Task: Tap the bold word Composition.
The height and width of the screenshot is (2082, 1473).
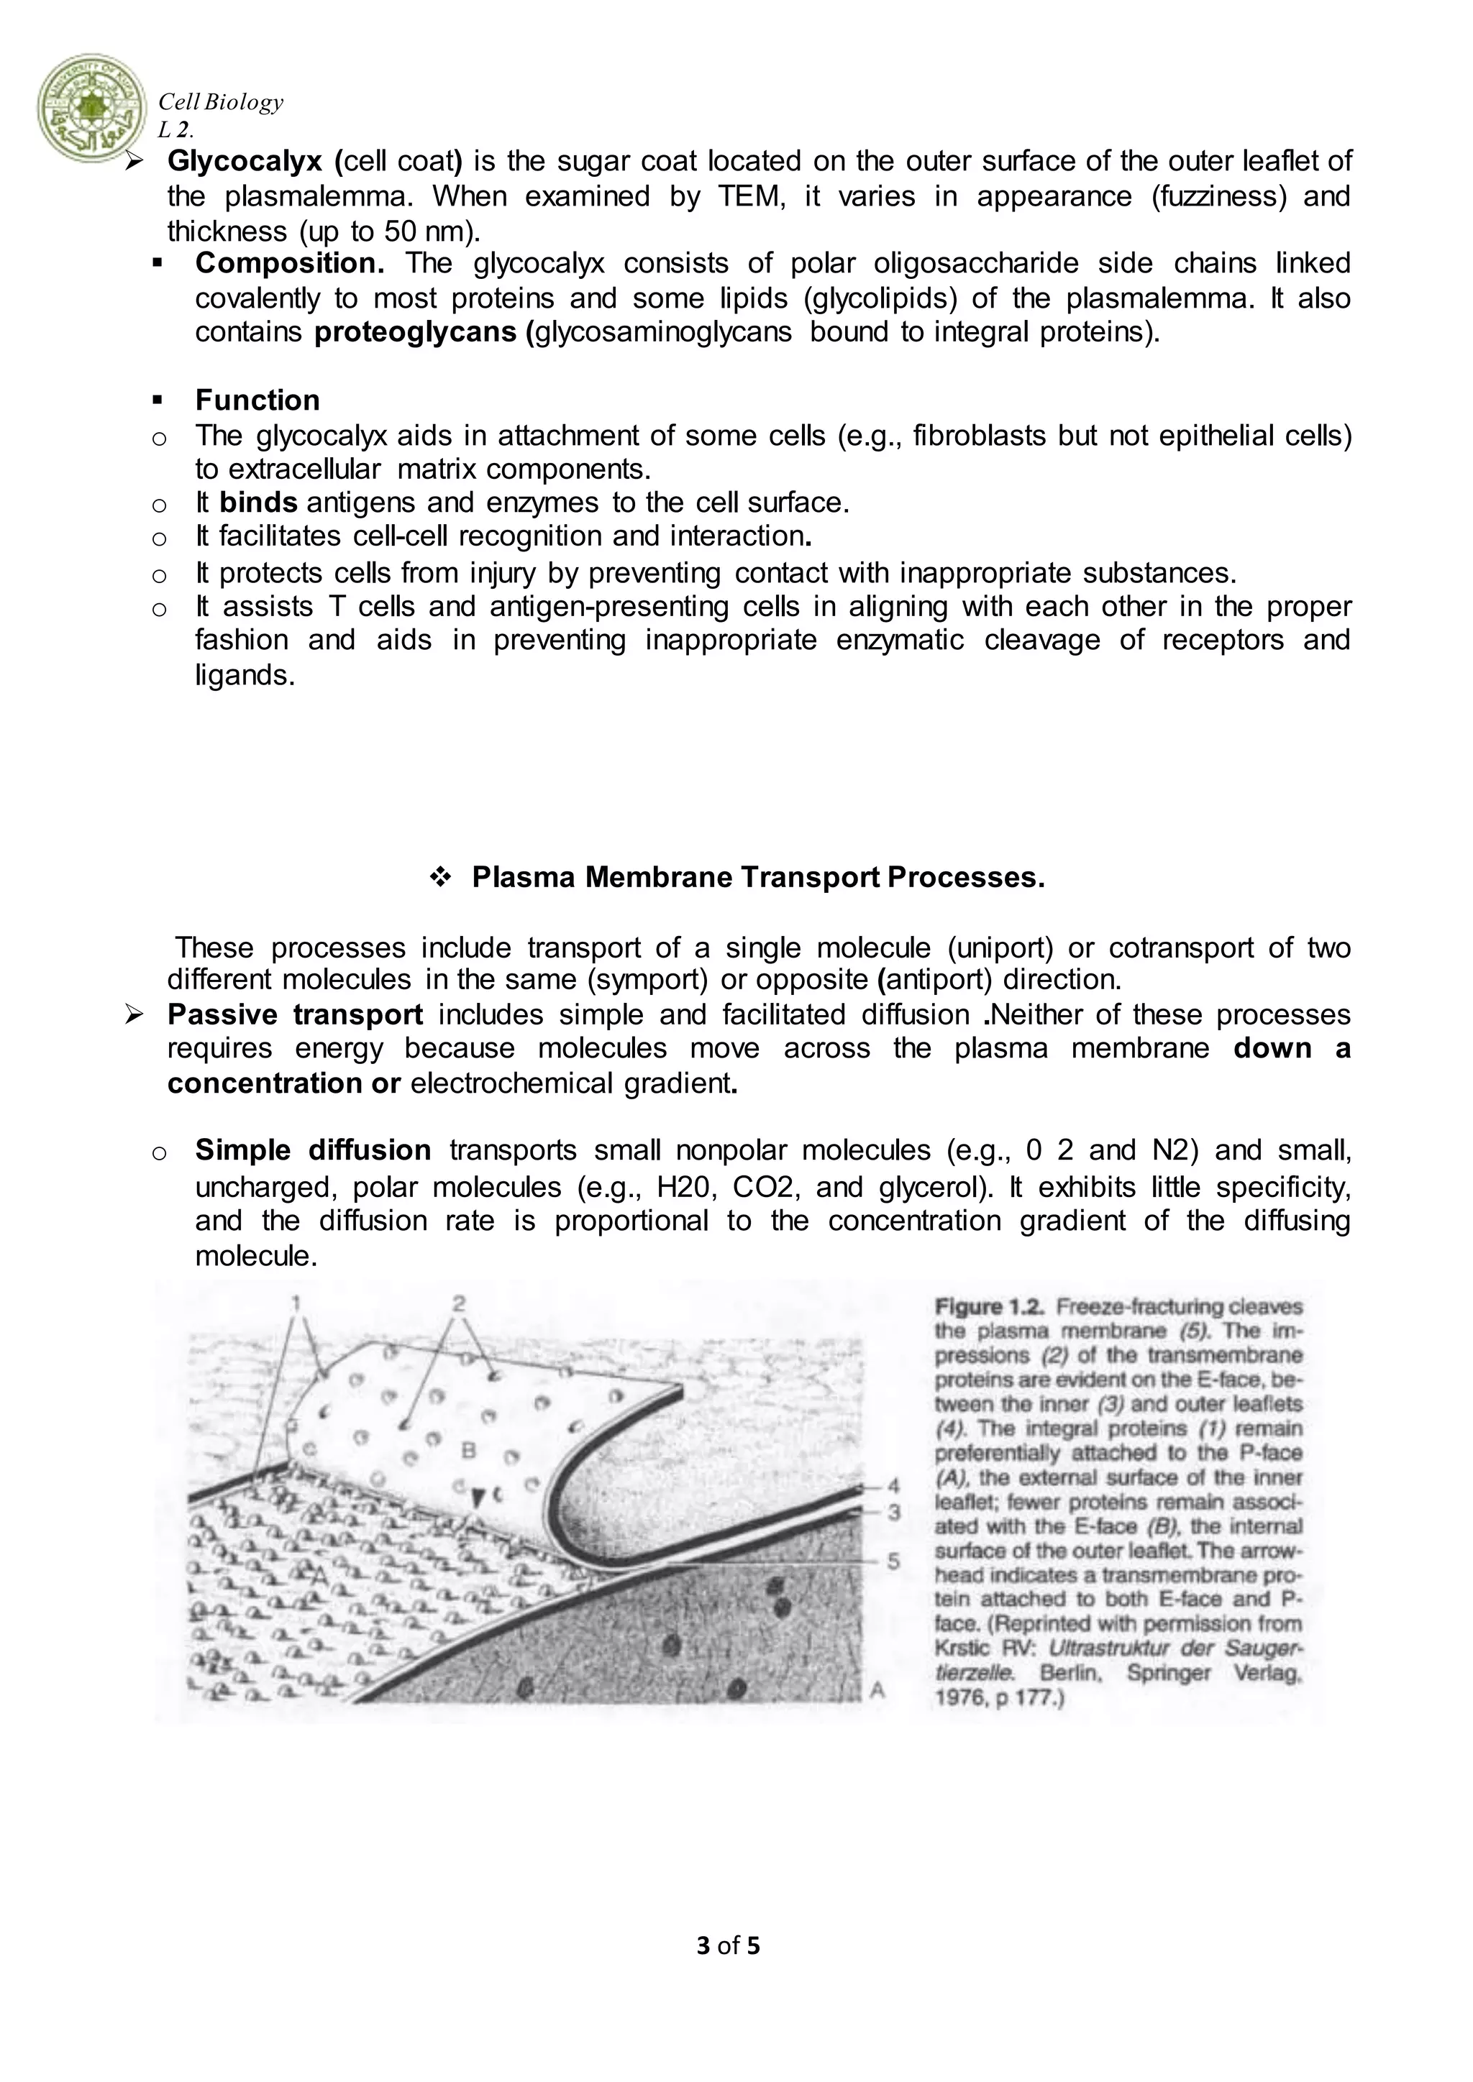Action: pos(289,263)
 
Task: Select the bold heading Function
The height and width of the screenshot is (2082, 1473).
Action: pos(257,400)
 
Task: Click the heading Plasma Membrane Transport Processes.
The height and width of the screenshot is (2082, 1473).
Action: pos(758,877)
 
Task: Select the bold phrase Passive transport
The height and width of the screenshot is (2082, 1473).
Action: pos(295,1014)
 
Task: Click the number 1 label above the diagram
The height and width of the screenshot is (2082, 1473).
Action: pos(296,1303)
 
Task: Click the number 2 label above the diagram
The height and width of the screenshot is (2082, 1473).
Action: pos(459,1303)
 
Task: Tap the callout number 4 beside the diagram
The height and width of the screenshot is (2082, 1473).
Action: pos(893,1486)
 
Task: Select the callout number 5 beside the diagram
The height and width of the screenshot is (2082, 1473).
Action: pos(893,1561)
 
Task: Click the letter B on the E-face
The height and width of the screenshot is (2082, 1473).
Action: pos(468,1451)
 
